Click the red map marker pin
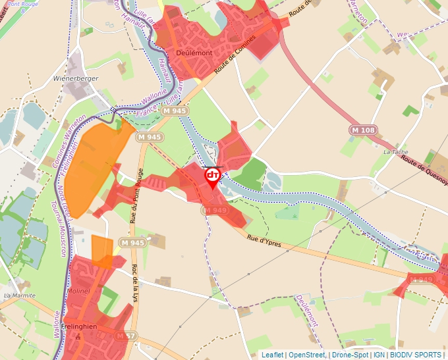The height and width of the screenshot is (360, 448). (213, 176)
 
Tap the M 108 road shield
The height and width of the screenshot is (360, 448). (363, 130)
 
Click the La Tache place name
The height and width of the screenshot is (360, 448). (395, 152)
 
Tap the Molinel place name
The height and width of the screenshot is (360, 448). (78, 291)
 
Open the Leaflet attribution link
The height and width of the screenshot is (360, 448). (273, 355)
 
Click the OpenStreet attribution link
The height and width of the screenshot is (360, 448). (307, 355)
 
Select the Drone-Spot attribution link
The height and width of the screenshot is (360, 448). (350, 355)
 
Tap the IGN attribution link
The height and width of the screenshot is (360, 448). (379, 355)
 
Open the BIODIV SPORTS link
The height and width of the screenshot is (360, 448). (415, 355)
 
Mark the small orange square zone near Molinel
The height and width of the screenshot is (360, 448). (102, 251)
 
